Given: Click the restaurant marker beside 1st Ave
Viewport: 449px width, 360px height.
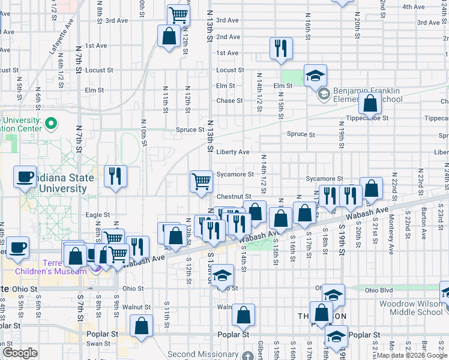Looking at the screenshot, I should (280, 47).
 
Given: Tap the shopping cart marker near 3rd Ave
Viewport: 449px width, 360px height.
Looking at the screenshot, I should (178, 14).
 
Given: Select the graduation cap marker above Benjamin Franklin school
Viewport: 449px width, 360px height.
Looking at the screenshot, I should (315, 76).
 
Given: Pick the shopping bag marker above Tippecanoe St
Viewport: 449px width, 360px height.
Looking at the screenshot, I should (370, 104).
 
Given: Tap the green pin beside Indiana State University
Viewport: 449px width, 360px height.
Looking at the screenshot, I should (50, 125).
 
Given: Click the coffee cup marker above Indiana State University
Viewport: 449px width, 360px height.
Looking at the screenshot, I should (25, 176).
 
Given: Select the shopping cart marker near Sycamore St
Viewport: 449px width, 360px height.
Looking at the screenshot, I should (202, 181).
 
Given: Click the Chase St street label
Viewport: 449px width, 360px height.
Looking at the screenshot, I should (229, 101).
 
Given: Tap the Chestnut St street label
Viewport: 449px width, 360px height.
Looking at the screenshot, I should (234, 196).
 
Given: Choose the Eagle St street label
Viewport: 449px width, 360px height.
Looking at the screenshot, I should (98, 215).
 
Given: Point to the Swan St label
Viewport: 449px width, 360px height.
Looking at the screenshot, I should (95, 344).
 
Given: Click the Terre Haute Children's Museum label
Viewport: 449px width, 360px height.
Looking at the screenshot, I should (67, 268).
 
